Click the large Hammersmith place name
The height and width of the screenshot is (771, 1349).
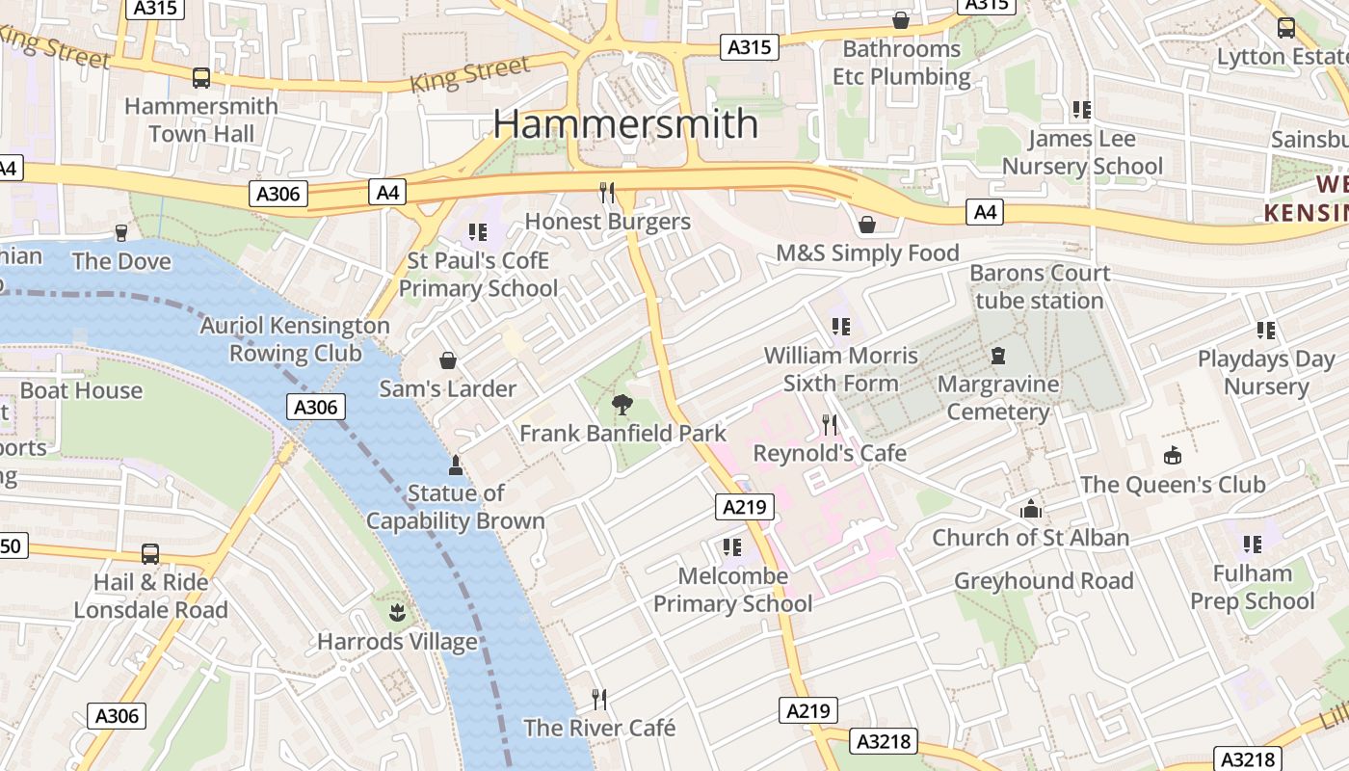tap(626, 124)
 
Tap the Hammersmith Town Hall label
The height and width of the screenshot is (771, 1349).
tap(201, 120)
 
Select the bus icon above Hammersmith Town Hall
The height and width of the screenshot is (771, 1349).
tap(201, 78)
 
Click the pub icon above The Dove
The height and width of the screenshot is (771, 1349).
tap(121, 232)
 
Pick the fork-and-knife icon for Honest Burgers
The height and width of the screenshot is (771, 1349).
tap(607, 193)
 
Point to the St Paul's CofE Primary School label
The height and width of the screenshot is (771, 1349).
tap(478, 275)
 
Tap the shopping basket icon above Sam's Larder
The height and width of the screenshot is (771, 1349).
tap(448, 360)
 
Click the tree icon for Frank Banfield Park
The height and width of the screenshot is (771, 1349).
tap(622, 405)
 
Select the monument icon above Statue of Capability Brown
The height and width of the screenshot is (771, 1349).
tap(456, 465)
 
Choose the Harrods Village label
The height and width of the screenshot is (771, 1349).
tap(397, 641)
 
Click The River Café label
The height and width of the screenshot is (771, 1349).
tap(599, 728)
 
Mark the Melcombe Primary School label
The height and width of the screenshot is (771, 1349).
tap(732, 590)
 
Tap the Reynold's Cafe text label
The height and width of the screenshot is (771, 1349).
tap(829, 453)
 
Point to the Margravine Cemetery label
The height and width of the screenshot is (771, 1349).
tap(998, 398)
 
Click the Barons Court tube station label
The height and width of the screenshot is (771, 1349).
tap(1040, 287)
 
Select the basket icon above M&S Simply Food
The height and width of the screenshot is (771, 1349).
tap(867, 225)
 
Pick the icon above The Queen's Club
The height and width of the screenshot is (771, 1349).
tap(1173, 455)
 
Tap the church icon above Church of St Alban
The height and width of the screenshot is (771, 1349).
tap(1031, 509)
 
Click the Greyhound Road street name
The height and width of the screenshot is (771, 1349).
tap(1044, 581)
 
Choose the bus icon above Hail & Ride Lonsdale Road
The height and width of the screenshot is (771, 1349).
tap(150, 554)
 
